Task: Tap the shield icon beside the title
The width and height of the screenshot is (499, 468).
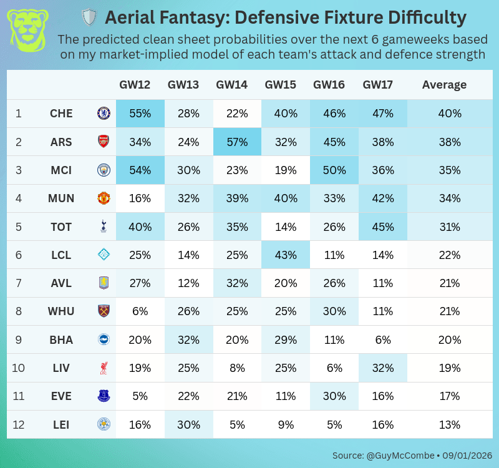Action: coord(90,17)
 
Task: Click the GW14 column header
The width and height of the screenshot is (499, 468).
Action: coord(237,85)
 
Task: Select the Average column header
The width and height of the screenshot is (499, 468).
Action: coord(444,85)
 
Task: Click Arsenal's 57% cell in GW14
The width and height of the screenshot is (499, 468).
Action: coord(237,142)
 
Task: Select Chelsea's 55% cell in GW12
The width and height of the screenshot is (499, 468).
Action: coord(140,114)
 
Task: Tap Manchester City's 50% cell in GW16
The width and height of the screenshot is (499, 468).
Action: coord(334,170)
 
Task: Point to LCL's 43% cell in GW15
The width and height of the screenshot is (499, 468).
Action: coord(286,255)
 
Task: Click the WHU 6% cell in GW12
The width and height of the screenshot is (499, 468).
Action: coord(140,311)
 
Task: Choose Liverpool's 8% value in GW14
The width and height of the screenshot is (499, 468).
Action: coord(237,368)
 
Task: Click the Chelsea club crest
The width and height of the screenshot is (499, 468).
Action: coord(103,114)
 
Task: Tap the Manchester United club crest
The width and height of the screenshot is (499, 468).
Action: coord(103,198)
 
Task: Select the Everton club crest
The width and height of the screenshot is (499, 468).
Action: coord(103,396)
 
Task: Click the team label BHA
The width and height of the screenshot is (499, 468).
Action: coord(61,340)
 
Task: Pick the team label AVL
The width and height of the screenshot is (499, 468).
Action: coord(61,283)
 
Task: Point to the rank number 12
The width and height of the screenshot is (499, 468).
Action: coord(19,425)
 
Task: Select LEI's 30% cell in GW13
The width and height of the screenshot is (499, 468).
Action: coord(188,425)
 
